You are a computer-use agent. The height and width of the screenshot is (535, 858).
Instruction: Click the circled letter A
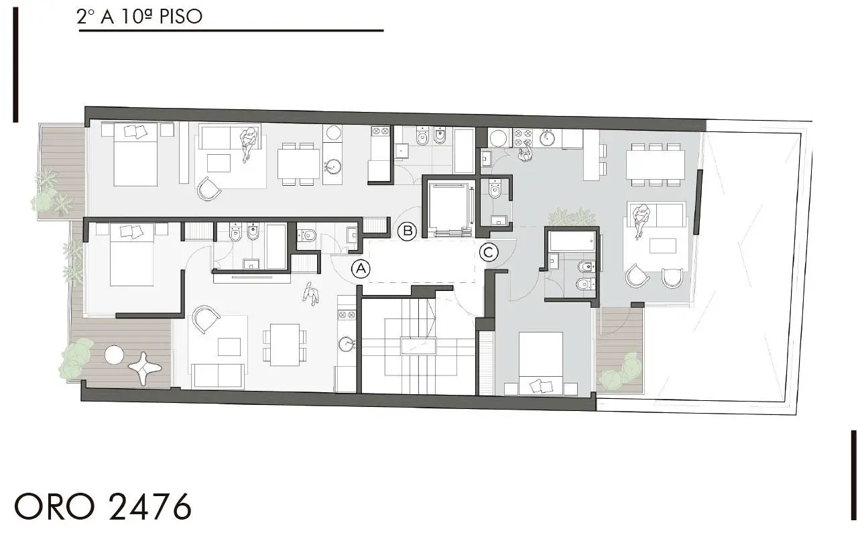click(361, 269)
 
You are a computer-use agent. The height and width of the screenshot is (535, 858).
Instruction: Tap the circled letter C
click(489, 252)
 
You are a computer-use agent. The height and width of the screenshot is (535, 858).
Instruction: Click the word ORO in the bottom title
click(56, 507)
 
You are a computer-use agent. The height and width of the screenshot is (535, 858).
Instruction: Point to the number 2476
click(149, 507)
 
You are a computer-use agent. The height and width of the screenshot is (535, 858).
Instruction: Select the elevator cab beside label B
click(450, 209)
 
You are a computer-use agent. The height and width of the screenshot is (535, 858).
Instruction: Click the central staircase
click(417, 346)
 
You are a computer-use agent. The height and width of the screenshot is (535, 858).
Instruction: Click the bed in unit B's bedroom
click(135, 154)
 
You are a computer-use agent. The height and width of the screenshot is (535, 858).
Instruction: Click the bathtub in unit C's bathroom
click(572, 241)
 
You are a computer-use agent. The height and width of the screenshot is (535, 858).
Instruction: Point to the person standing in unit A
click(310, 294)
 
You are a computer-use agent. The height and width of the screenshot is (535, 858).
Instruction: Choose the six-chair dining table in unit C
click(655, 164)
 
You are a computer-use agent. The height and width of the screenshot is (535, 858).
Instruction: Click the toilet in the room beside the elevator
click(495, 190)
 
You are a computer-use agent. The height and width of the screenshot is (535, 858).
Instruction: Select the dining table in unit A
click(284, 345)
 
